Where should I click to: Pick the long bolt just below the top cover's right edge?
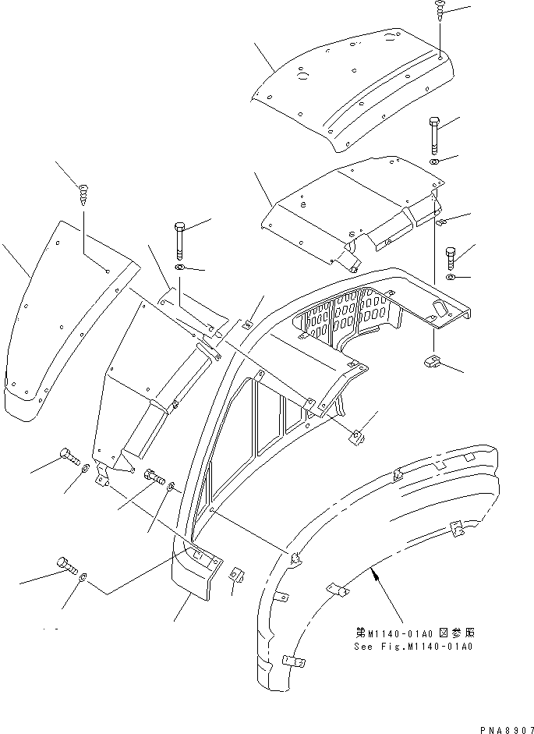(x=434, y=135)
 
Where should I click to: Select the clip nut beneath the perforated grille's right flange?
(x=433, y=361)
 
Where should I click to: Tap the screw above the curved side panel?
(x=83, y=191)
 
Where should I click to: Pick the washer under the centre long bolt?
(x=179, y=269)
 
